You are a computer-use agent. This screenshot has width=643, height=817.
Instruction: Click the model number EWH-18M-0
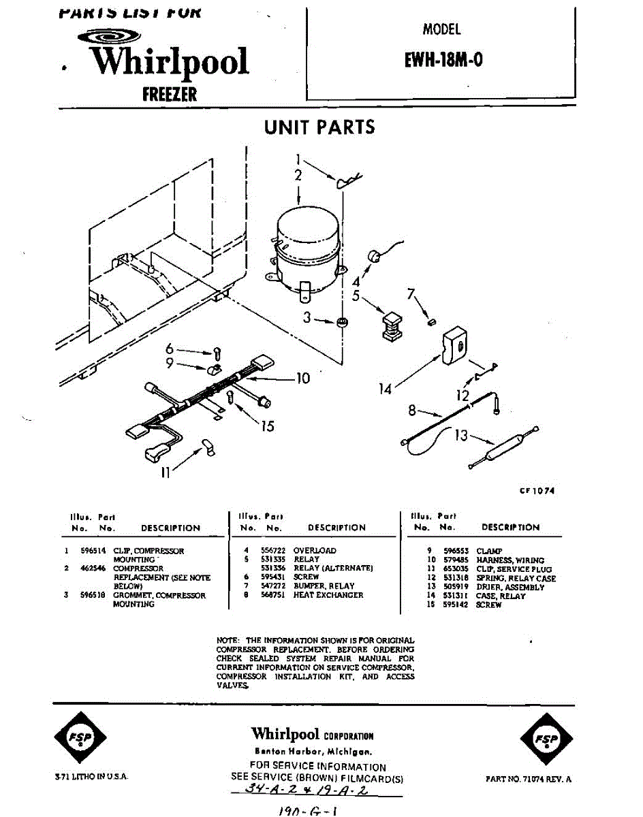point(443,60)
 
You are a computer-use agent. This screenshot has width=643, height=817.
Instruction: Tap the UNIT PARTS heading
point(319,127)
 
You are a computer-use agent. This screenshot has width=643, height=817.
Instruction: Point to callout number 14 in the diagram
point(386,389)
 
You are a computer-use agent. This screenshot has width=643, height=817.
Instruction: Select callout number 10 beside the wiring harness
point(302,378)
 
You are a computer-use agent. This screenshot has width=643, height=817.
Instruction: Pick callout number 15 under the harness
point(267,426)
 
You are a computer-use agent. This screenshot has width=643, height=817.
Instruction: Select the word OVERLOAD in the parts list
point(315,550)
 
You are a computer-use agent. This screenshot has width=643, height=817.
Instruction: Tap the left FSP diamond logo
point(80,739)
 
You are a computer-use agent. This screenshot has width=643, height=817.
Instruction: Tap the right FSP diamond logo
point(546,739)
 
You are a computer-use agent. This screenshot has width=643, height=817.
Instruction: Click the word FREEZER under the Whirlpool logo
point(170,94)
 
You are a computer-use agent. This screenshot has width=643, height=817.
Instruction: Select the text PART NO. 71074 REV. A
point(529,779)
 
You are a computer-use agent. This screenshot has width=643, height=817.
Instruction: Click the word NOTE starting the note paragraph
point(227,641)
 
